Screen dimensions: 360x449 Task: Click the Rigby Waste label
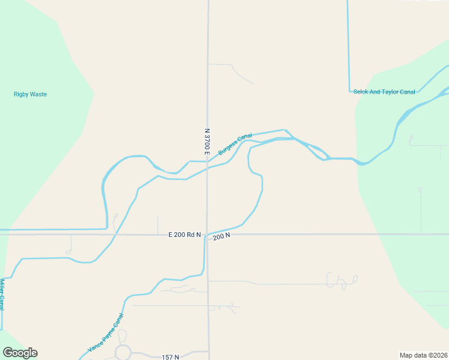(30, 94)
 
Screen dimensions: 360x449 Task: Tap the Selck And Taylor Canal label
(384, 92)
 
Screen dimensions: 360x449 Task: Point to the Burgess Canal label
(235, 144)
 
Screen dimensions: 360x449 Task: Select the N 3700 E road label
(207, 142)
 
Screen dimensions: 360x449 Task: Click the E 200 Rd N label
(184, 235)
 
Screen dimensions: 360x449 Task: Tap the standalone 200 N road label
(221, 236)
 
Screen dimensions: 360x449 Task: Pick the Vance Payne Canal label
(106, 332)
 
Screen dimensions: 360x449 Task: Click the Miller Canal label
(2, 295)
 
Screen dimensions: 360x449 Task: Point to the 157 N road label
(170, 357)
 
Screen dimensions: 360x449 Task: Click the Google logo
(20, 353)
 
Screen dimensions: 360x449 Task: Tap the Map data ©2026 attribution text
(423, 355)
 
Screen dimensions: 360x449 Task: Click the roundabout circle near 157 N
(123, 352)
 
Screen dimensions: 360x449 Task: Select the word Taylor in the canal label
(390, 92)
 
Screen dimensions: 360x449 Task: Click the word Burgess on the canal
(229, 148)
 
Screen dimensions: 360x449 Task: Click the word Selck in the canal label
(361, 92)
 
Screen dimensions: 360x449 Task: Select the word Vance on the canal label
(94, 344)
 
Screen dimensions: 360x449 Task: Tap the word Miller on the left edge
(2, 287)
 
